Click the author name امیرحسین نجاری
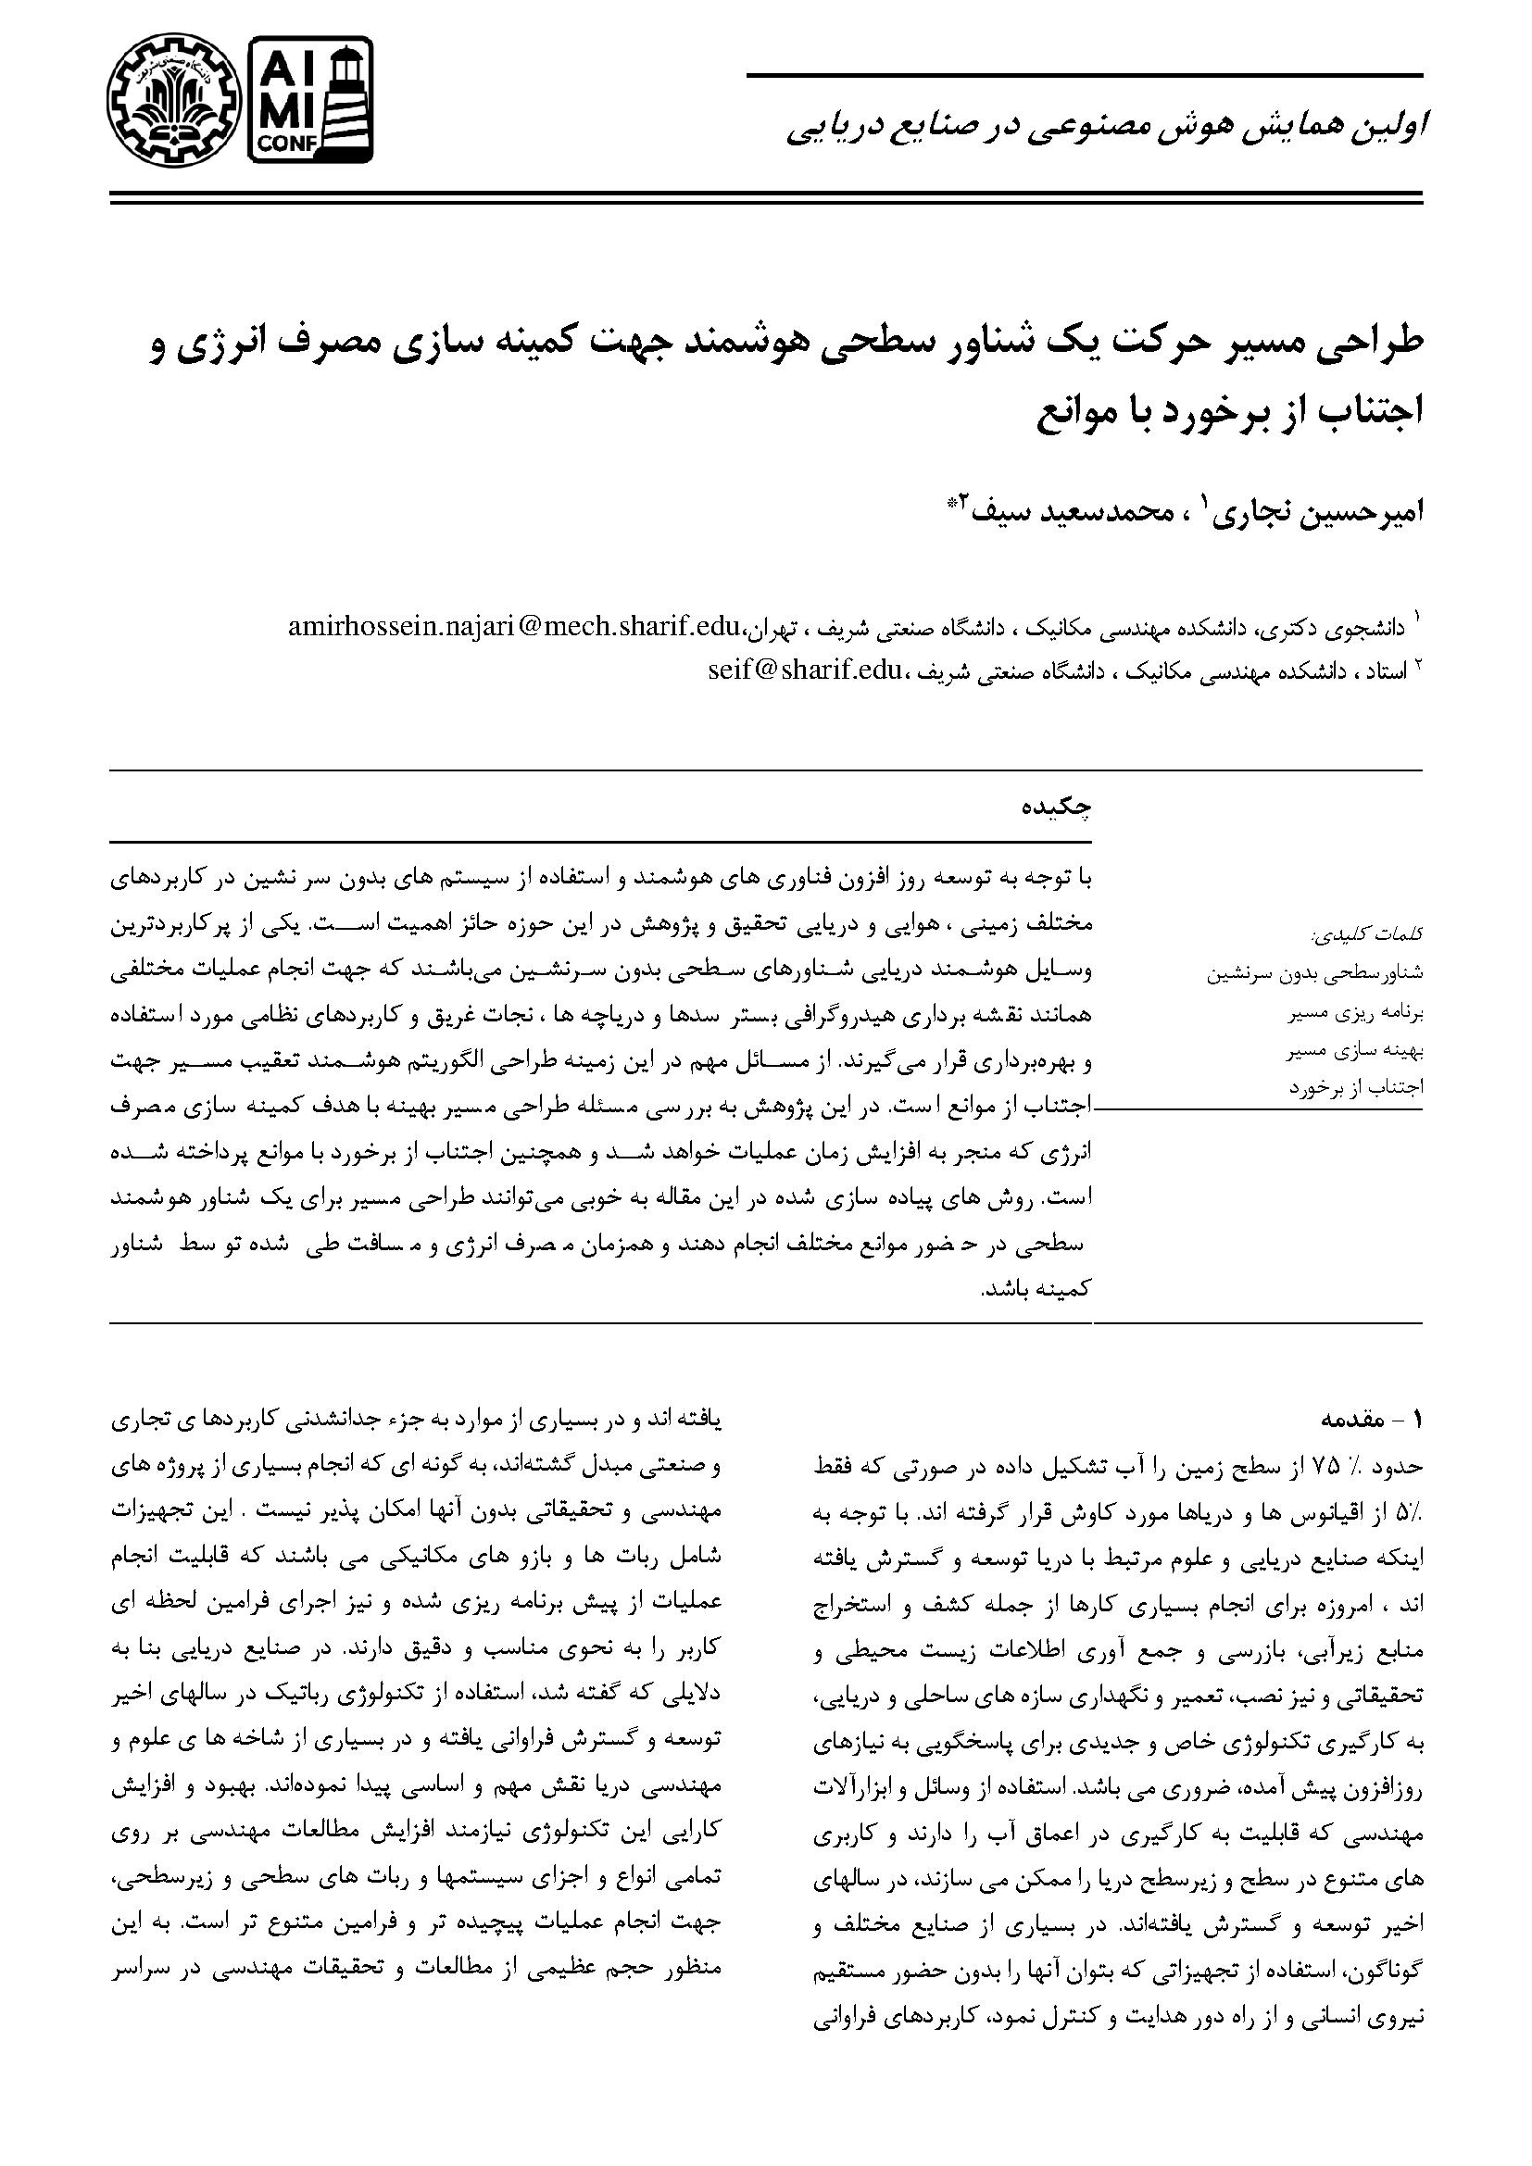tap(1324, 514)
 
